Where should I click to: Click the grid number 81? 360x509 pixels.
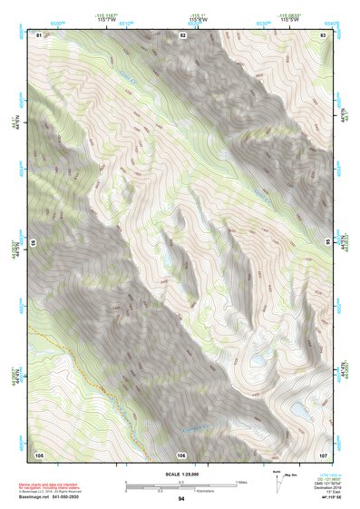pos(39,34)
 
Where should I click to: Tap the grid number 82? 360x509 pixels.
pos(182,34)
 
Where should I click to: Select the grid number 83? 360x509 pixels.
pos(324,34)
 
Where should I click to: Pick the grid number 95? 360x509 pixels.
pos(328,242)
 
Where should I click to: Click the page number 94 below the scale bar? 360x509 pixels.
pos(181,499)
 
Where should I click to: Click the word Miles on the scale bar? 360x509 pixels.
pos(240,482)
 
